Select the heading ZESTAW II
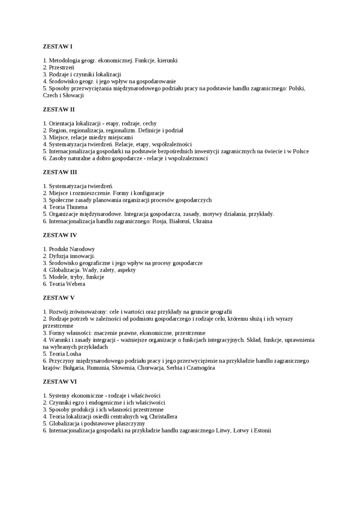point(59,109)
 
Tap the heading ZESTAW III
point(60,172)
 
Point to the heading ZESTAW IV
point(60,235)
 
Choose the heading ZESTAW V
point(59,298)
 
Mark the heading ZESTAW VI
point(60,382)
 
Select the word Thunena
point(76,207)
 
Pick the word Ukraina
point(201,221)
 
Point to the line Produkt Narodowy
point(72,249)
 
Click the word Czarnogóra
point(199,368)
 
